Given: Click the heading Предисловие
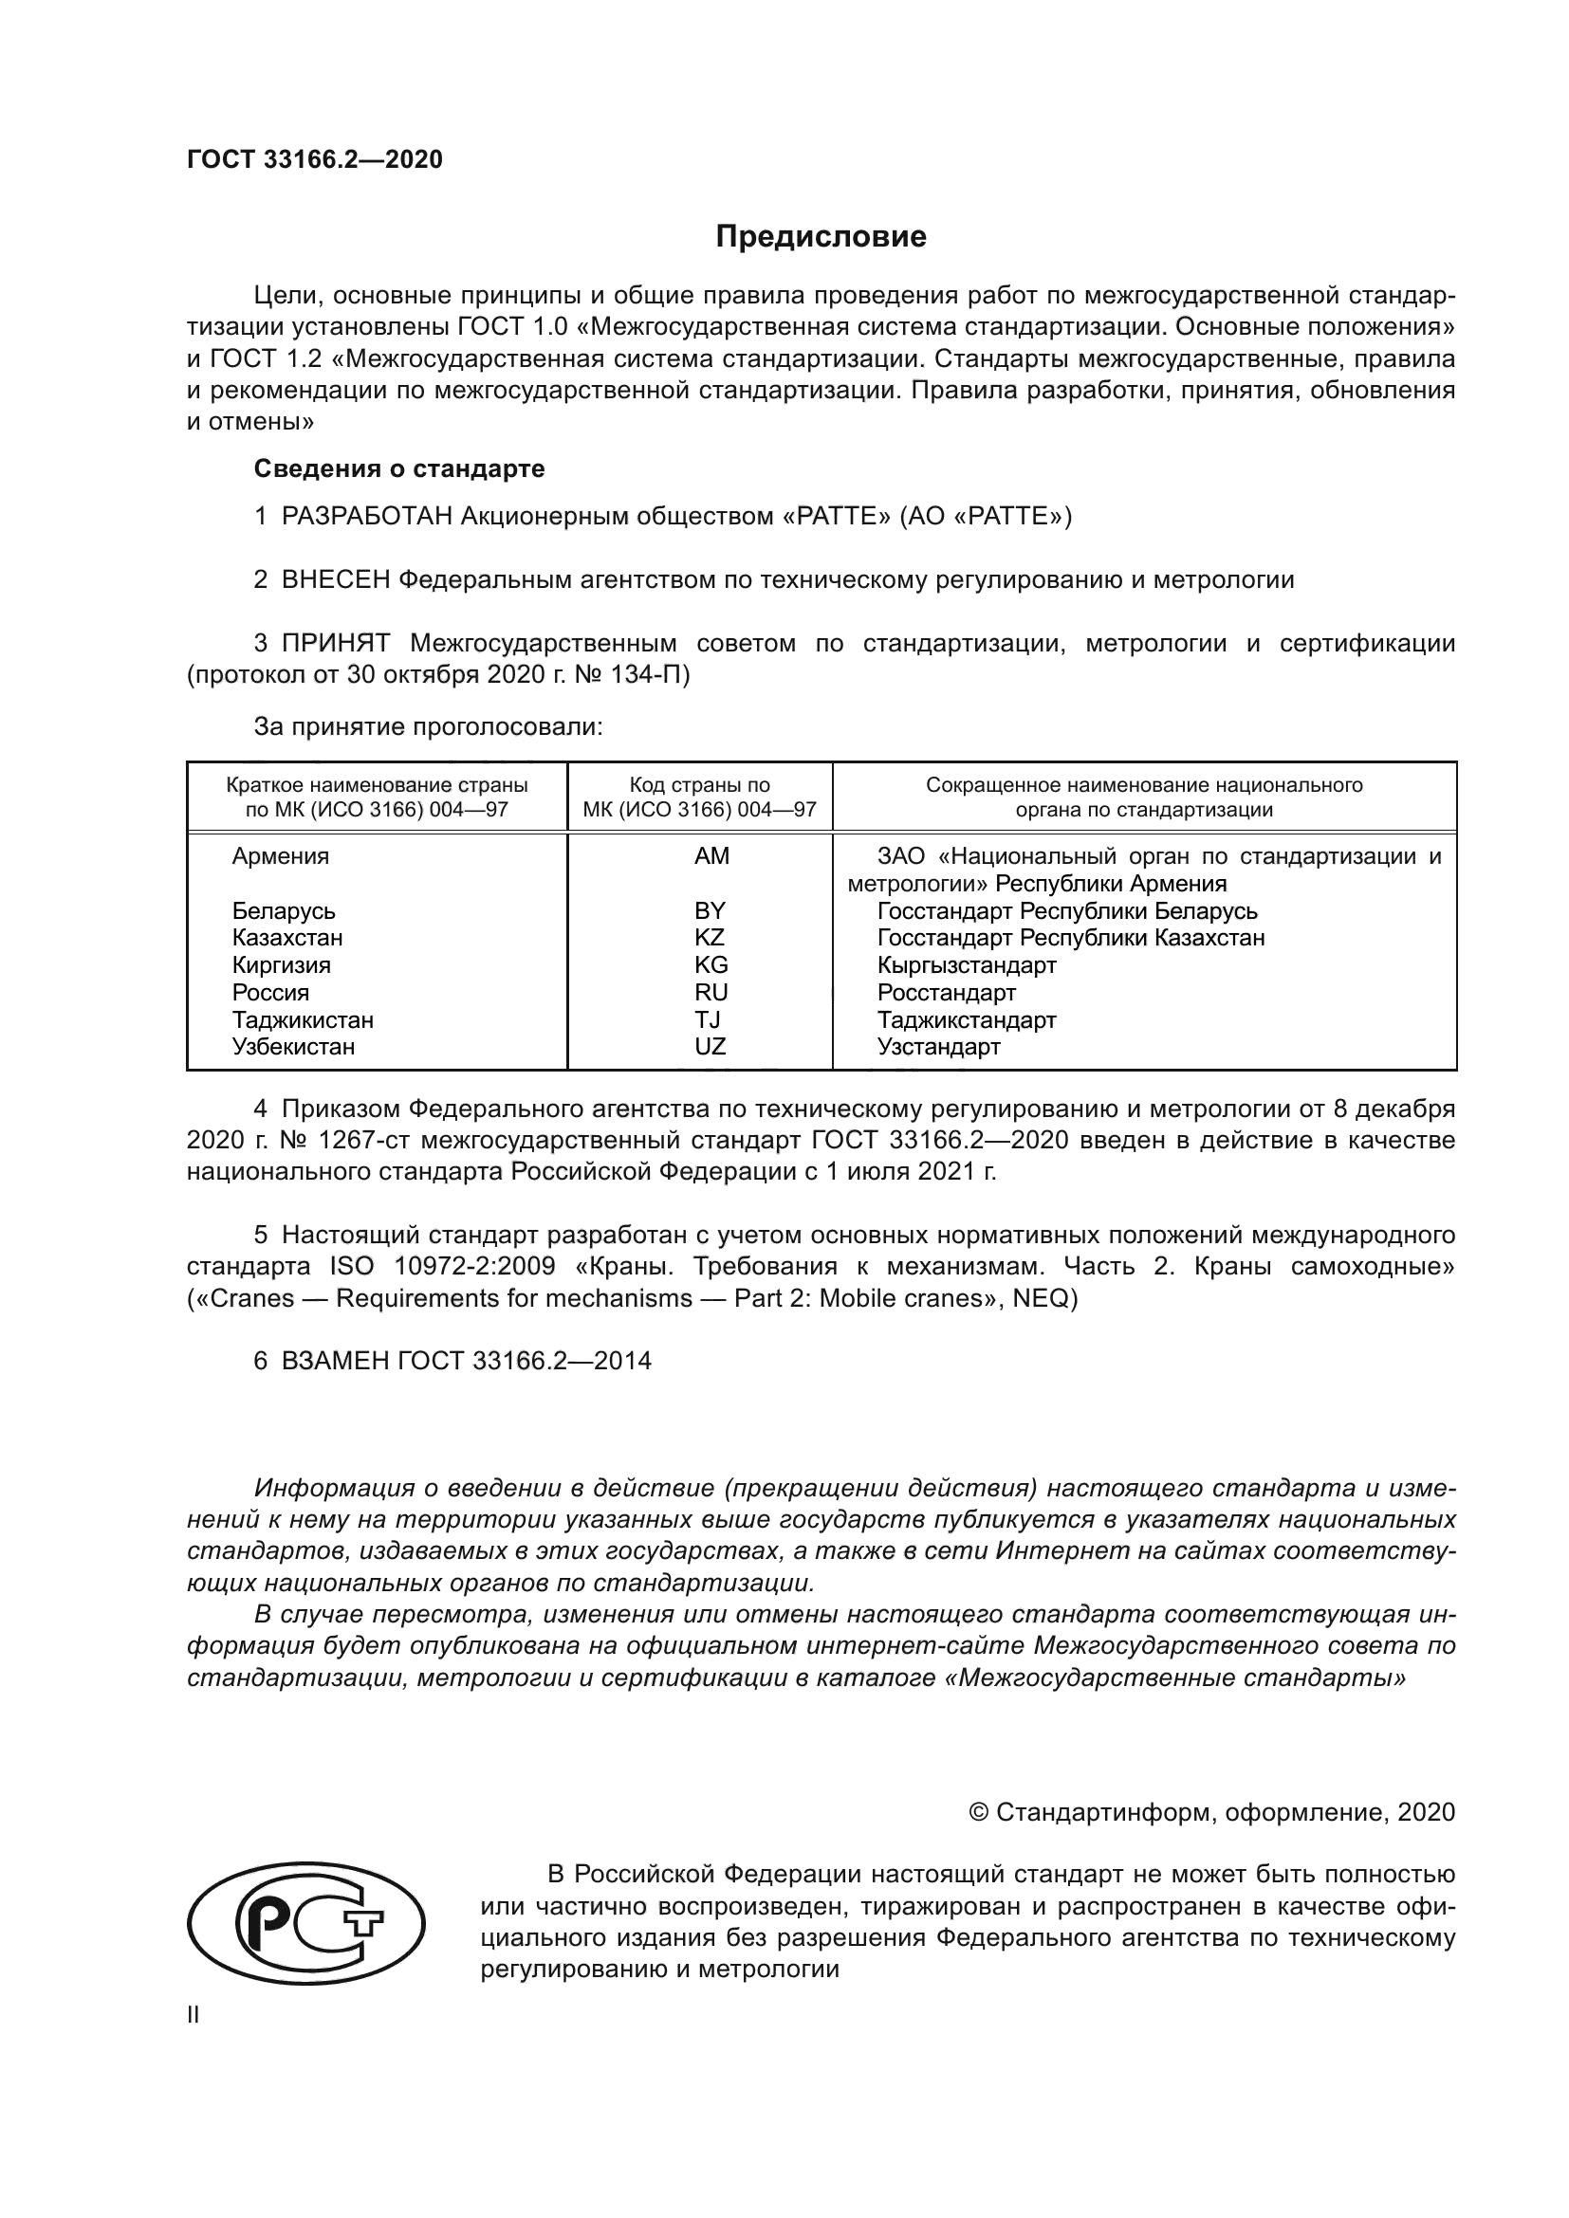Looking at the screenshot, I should (x=821, y=237).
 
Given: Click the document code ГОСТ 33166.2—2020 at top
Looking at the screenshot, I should (x=315, y=159).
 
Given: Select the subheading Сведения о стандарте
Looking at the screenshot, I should (x=399, y=468).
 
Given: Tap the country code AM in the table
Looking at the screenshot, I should (x=711, y=856).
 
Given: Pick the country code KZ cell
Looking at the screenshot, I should (x=710, y=937).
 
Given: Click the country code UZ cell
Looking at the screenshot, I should (x=710, y=1046).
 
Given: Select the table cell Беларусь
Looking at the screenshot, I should (x=283, y=911).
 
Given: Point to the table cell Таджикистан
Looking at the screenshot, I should (x=303, y=1020).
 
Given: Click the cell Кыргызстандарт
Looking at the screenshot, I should (x=966, y=965).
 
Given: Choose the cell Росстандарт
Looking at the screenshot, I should (x=946, y=992).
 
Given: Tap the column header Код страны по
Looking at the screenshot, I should (x=699, y=785).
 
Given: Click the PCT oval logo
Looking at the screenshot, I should (x=305, y=1923).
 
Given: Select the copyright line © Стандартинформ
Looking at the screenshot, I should (x=1211, y=1812).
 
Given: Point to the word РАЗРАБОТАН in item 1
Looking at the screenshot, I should (x=367, y=517).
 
